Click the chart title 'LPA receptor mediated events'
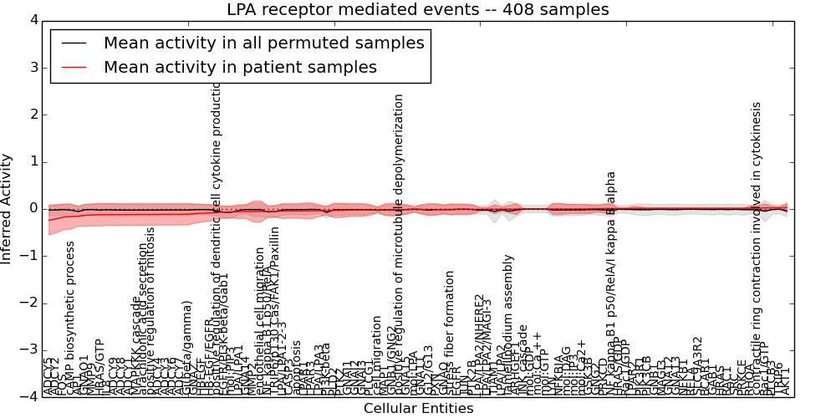coord(417,10)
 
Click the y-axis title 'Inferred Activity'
coord(8,208)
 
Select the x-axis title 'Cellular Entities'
coord(418,409)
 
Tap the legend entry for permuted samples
coord(263,43)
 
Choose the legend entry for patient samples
coord(240,67)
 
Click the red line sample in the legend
coord(74,67)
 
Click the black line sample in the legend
coord(74,43)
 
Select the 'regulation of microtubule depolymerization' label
coord(399,243)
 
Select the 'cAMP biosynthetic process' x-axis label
coord(71,318)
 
